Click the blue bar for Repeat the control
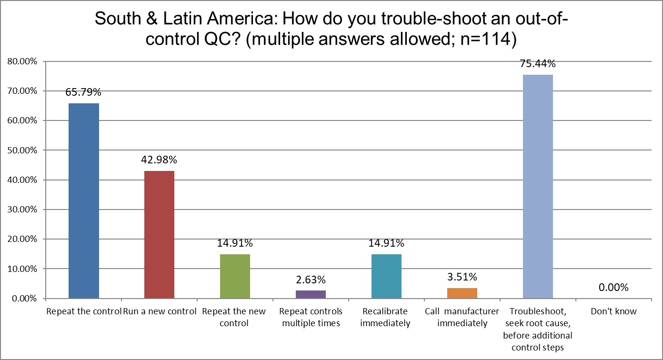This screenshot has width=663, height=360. tap(84, 201)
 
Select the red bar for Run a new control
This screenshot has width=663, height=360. tap(159, 235)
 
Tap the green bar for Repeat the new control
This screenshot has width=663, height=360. tap(235, 276)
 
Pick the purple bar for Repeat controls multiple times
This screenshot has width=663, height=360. tap(311, 294)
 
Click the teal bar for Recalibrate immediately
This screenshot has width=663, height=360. tap(386, 276)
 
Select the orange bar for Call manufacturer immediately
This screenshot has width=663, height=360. tap(462, 293)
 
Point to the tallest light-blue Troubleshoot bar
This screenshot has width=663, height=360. tap(538, 187)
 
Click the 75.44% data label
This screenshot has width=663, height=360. tap(538, 64)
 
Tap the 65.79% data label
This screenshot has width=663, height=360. tap(84, 92)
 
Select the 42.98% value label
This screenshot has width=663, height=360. tap(159, 160)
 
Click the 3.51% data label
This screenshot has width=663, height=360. tap(462, 277)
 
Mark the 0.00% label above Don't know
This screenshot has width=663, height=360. tap(613, 288)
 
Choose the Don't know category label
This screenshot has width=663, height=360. tap(613, 312)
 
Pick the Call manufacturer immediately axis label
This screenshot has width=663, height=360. tap(462, 318)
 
